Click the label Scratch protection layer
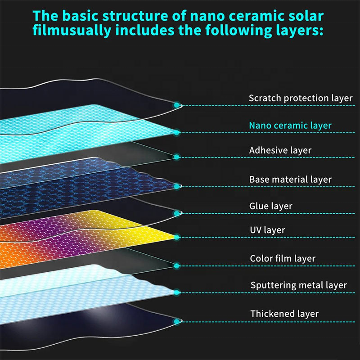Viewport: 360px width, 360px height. click(301, 98)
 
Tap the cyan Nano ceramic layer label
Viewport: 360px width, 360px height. click(290, 126)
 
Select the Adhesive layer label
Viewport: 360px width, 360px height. click(280, 150)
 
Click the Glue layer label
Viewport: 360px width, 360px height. click(271, 206)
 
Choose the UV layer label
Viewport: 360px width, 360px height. click(267, 230)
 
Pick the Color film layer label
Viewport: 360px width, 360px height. click(283, 259)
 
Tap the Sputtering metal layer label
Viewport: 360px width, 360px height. click(298, 285)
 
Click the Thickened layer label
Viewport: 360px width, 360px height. click(284, 314)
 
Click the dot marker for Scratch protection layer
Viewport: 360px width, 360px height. click(177, 105)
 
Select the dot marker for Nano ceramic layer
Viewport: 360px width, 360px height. click(177, 132)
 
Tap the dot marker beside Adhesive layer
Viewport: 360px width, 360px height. click(177, 157)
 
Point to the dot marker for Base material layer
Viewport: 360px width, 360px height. click(177, 186)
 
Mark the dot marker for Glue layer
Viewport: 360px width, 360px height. click(177, 213)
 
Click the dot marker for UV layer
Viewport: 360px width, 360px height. click(177, 237)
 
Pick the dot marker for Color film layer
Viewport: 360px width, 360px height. click(177, 265)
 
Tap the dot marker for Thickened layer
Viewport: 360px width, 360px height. click(177, 321)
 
